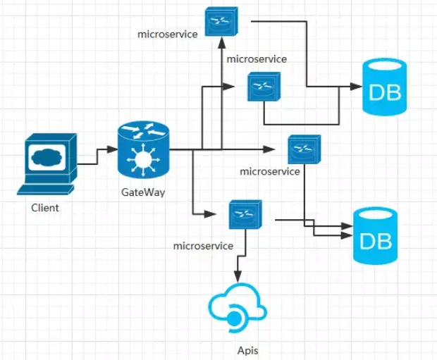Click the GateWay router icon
pos(144,149)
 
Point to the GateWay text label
pos(143,192)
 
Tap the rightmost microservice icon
pos(304,149)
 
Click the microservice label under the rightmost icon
pos(270,171)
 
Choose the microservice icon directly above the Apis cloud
pos(245,214)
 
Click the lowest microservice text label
pos(203,246)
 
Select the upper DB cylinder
pos(384,88)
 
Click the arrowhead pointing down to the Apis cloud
pos(240,278)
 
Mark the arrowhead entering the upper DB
pos(355,87)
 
